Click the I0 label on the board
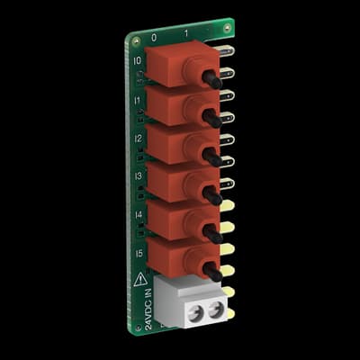tap(137, 62)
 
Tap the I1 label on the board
tap(138, 102)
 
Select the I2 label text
tap(139, 139)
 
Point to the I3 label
tap(139, 177)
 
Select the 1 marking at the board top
tap(185, 34)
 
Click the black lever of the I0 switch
tap(212, 79)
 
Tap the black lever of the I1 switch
tap(212, 118)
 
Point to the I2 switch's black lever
tap(212, 157)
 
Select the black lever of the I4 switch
tap(212, 232)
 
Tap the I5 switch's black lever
tap(212, 270)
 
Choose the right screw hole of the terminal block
tap(215, 311)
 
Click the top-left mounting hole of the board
tap(134, 40)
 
